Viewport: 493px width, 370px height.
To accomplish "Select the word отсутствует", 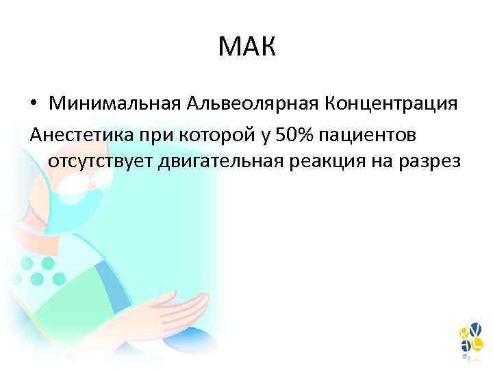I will pyautogui.click(x=101, y=161).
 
